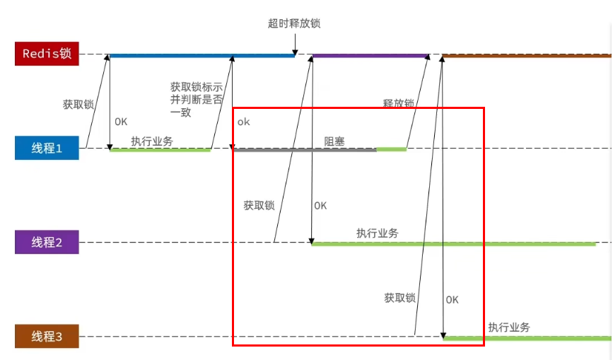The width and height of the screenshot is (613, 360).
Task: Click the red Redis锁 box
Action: [47, 54]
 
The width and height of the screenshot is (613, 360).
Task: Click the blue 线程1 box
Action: [47, 148]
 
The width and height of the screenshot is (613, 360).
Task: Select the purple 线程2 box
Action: [47, 243]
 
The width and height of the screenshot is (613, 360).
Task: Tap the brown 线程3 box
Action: [47, 337]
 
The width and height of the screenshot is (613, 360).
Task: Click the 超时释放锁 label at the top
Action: [295, 23]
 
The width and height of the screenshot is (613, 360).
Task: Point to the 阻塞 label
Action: [334, 141]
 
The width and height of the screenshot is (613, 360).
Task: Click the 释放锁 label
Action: [398, 103]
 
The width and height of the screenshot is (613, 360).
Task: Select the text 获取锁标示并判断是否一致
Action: [197, 99]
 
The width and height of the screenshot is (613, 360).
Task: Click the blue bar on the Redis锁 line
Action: [202, 55]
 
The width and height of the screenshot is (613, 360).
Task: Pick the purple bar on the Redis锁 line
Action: [370, 55]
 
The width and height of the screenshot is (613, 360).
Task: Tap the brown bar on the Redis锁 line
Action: [526, 55]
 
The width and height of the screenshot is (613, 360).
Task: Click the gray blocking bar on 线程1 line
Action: [305, 149]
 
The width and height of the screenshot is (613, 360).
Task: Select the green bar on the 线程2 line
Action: [453, 243]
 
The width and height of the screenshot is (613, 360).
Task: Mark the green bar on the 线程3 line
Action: [527, 338]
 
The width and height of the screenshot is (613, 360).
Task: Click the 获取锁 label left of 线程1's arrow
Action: [78, 105]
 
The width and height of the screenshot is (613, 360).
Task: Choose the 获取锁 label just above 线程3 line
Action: [399, 298]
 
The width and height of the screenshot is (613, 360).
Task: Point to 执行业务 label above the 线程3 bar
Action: [509, 327]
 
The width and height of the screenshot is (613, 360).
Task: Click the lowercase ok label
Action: [244, 122]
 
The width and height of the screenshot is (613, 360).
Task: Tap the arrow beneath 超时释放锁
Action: [295, 44]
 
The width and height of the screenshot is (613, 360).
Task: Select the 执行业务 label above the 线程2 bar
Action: [377, 233]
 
